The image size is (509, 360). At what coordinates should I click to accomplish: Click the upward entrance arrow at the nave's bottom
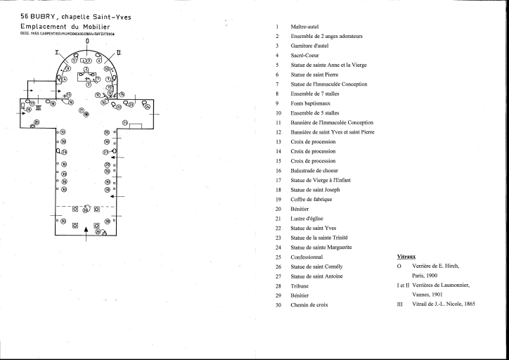(86, 233)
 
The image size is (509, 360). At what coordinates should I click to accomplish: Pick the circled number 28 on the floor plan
(86, 210)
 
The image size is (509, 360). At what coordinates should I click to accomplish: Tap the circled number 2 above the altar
(86, 70)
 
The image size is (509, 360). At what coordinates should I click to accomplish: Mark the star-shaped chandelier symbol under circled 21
(86, 115)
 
